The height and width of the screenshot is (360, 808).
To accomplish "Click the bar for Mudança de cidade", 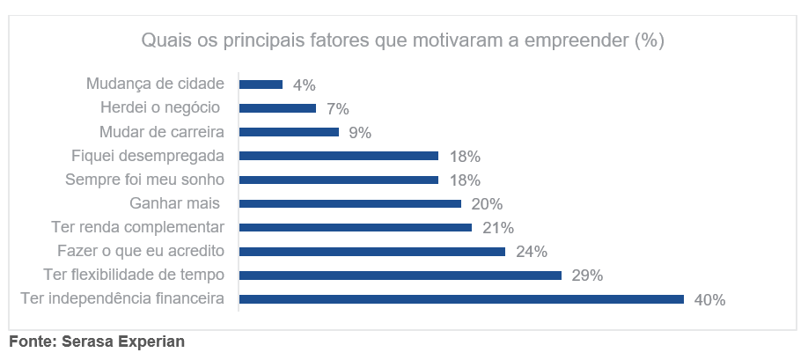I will point(261,84).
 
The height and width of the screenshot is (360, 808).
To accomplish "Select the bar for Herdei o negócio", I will point(277,108).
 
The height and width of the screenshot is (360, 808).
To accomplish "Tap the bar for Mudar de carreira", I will point(289,132).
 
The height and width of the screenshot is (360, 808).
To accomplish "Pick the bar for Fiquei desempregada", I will point(339,156).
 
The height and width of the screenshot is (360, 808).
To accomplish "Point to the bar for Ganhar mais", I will point(350,203).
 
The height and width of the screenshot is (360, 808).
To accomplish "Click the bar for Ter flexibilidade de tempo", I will point(400,275).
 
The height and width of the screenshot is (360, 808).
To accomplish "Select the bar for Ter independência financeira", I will point(461,299).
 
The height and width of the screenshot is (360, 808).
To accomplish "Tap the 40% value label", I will point(709,300).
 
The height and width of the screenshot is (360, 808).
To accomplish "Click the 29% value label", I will point(587,276).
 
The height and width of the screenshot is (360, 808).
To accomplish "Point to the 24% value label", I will point(531,252).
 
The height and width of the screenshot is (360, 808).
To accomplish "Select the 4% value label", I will point(305,85).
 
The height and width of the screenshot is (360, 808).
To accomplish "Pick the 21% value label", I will point(497,228).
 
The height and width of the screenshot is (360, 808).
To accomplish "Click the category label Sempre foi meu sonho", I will point(145,180).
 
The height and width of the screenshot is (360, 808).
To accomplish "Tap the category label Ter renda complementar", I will point(137,227).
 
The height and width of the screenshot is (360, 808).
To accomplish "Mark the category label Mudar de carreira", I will point(162,132).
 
